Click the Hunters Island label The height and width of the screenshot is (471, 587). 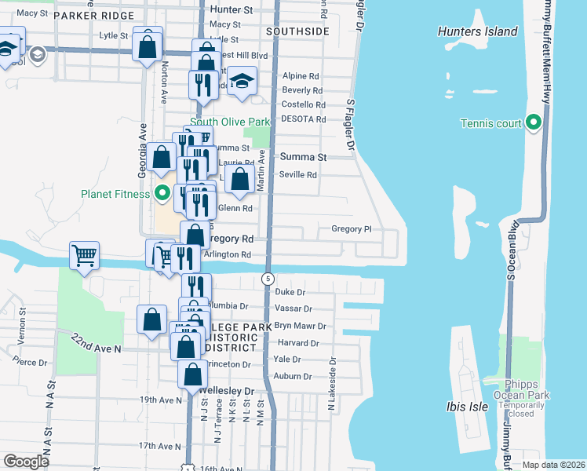click(x=478, y=31)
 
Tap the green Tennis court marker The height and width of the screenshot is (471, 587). click(x=534, y=123)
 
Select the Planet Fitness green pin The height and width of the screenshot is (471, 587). click(x=163, y=192)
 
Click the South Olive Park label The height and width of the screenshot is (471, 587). click(x=230, y=122)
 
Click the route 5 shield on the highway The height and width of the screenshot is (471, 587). click(x=268, y=279)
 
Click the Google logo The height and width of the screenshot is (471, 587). click(x=27, y=461)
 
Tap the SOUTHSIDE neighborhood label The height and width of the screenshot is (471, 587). click(x=297, y=31)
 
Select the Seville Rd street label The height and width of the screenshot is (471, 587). click(x=298, y=175)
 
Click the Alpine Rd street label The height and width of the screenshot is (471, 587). click(x=301, y=77)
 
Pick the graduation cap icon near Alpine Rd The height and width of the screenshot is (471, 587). click(x=243, y=81)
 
